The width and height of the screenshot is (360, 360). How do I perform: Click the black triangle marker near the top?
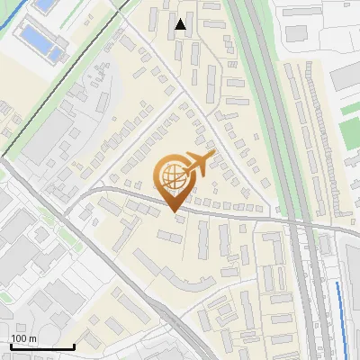182,24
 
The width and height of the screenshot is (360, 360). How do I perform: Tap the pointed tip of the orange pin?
173,211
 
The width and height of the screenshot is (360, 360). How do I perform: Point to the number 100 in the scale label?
19,338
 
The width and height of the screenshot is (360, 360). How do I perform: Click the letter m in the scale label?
32,338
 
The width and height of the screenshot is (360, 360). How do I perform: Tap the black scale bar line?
41,346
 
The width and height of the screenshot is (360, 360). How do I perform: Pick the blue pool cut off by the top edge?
44,4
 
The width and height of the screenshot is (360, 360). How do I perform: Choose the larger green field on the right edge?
351,132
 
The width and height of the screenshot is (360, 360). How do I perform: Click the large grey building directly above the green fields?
347,76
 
